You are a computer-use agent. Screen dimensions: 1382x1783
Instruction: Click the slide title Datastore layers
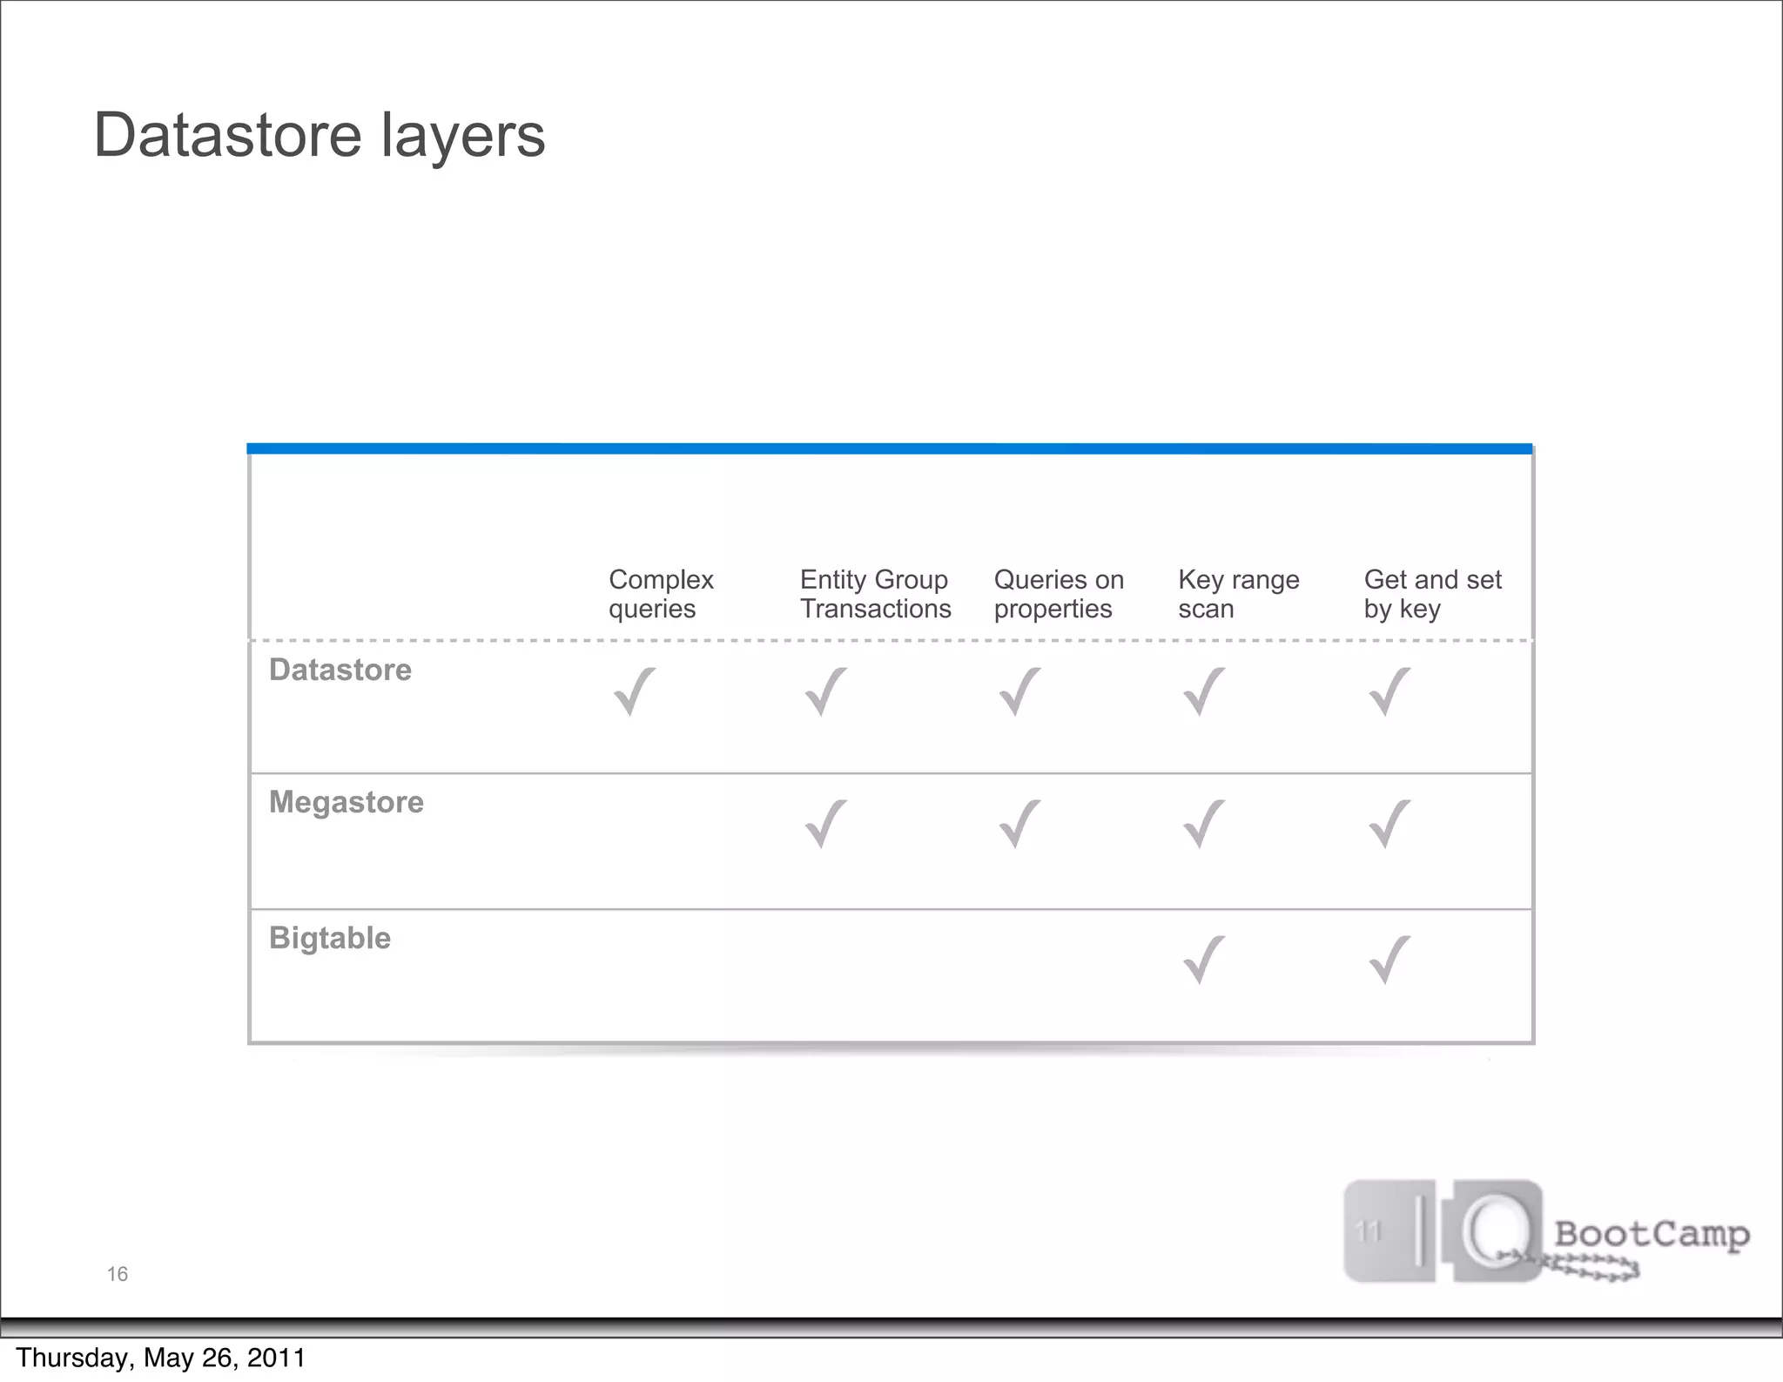319,136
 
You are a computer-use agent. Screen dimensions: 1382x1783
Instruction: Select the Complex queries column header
661,594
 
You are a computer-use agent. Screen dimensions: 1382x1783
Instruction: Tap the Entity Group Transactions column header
875,594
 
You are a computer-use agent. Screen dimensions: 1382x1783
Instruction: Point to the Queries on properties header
1059,594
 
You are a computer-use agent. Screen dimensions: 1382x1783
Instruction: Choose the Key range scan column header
1238,594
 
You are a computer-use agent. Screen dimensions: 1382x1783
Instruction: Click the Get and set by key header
1432,594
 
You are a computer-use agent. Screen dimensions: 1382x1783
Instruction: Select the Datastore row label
340,670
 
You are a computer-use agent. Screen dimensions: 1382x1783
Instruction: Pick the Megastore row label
346,802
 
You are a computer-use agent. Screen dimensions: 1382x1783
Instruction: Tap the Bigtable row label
329,938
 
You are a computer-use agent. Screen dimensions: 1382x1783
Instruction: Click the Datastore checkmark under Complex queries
635,691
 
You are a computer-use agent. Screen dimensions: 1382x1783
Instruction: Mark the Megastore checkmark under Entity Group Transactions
825,824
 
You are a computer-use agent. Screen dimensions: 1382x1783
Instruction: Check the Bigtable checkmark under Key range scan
1204,960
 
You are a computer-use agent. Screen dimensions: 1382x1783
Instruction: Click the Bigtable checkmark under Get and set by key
1389,960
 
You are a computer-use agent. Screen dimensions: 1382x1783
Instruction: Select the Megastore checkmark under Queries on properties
1019,824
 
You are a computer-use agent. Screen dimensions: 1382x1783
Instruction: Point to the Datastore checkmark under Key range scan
1204,691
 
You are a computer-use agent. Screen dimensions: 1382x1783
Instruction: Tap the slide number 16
117,1274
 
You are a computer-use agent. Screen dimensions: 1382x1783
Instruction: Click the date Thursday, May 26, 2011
161,1358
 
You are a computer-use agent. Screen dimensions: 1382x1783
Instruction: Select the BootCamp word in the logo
1652,1234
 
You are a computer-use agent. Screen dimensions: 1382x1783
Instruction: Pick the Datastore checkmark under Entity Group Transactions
825,691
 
